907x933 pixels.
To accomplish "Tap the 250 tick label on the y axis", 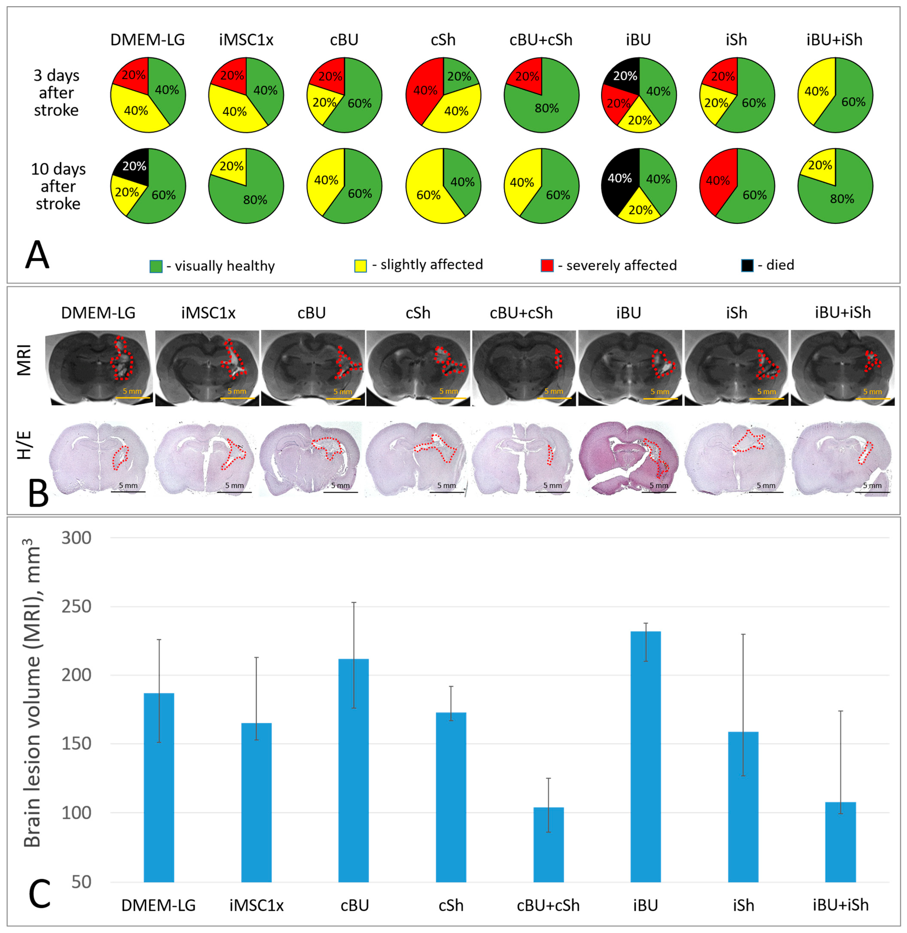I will [x=76, y=607].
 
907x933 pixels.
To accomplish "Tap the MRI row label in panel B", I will [x=24, y=361].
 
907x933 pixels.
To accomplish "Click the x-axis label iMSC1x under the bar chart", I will [x=256, y=905].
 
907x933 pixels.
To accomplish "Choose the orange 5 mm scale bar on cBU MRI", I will [x=343, y=398].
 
